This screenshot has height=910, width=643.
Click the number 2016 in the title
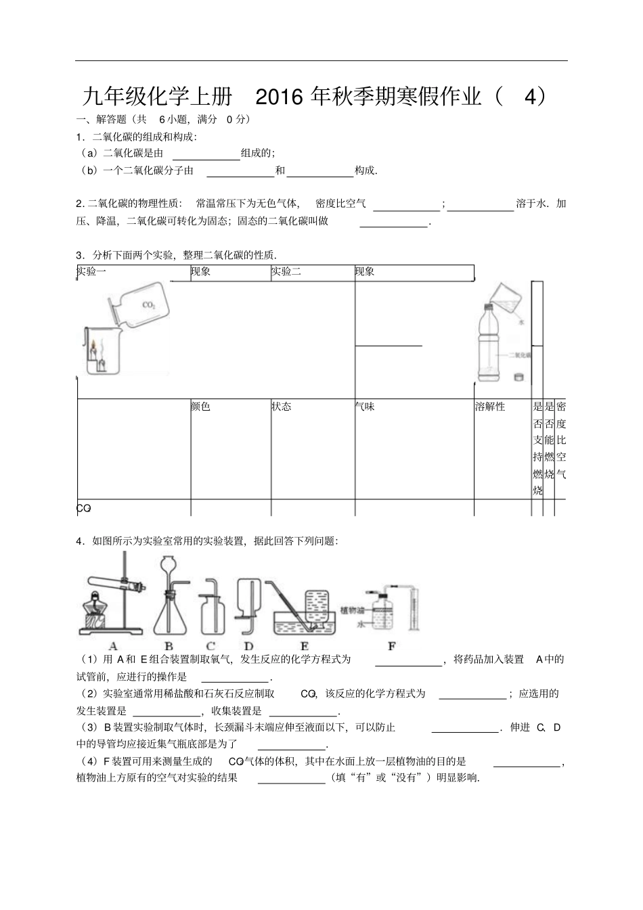coord(280,97)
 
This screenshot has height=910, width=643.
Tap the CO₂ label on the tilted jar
coord(149,305)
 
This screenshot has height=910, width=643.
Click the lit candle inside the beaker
coord(93,352)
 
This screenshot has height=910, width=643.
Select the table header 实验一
coord(91,272)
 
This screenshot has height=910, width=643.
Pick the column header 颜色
coord(200,407)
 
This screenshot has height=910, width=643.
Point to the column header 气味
coord(365,407)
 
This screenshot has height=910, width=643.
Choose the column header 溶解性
coord(490,407)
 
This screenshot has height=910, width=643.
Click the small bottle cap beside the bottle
coord(519,377)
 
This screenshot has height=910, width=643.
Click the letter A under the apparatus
coord(113,646)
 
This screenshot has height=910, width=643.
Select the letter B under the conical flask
coord(169,646)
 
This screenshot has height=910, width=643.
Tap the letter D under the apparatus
coord(248,646)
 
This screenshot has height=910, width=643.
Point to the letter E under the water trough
coord(304,646)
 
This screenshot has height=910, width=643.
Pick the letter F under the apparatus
coord(391,646)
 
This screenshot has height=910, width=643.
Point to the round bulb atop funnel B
coord(168,564)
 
